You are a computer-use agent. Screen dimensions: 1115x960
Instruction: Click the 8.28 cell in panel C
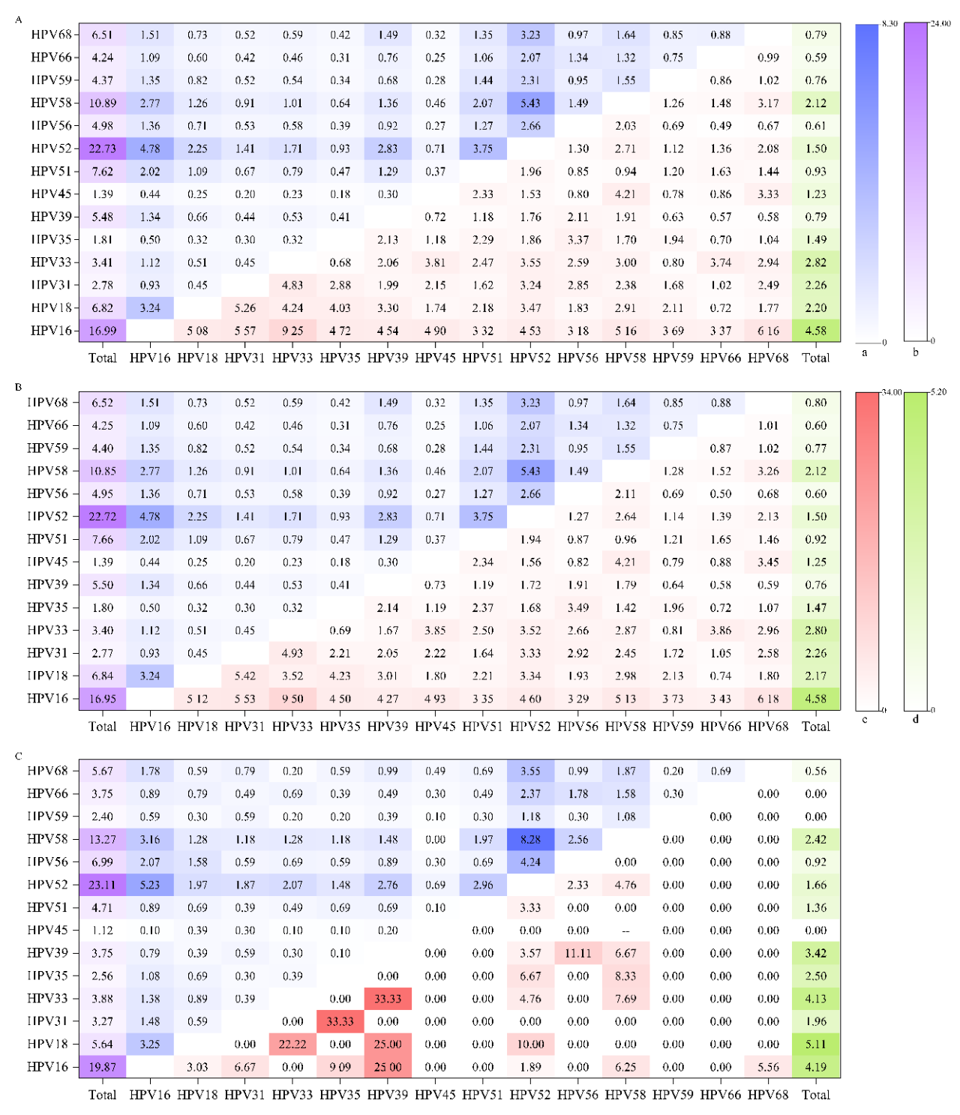530,839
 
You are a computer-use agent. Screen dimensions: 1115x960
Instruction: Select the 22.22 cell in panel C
292,1044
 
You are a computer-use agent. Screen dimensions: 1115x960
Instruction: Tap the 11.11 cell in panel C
577,953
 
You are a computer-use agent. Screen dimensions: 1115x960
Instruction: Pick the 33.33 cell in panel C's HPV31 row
340,1021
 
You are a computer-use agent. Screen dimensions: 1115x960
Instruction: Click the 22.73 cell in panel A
102,148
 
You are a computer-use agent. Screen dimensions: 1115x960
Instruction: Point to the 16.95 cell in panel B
102,699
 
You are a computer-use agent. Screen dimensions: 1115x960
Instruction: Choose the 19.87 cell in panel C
102,1067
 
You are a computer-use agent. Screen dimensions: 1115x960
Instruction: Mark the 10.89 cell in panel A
102,103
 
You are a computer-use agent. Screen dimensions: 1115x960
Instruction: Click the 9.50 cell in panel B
292,699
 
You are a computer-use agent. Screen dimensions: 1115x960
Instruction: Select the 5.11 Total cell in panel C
815,1044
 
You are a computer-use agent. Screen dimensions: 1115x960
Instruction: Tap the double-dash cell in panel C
625,931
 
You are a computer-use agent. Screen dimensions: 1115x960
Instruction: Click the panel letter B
19,388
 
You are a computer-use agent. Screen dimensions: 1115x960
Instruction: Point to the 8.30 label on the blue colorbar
889,24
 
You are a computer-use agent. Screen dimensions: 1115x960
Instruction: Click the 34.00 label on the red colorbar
891,392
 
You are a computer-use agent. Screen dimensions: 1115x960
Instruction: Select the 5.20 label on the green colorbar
938,392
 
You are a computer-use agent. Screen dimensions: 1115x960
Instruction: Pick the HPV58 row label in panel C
47,839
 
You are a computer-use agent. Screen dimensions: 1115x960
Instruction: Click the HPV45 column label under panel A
435,358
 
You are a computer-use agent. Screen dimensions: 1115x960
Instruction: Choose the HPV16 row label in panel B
47,699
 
